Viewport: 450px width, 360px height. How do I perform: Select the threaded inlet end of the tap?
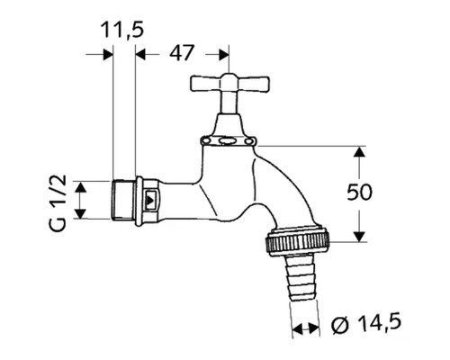(122, 201)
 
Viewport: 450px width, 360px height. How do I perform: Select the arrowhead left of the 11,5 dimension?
(105, 54)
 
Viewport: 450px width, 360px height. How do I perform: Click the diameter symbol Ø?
(337, 322)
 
